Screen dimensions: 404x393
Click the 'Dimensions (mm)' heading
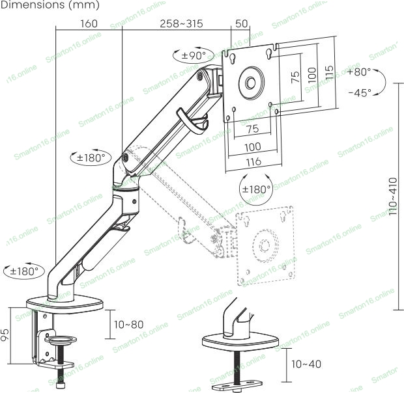pyautogui.click(x=50, y=5)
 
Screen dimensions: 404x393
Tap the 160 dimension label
pyautogui.click(x=89, y=23)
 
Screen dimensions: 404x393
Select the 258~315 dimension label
pyautogui.click(x=181, y=23)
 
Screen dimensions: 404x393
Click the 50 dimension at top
pyautogui.click(x=241, y=23)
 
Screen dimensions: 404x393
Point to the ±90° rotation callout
pyautogui.click(x=190, y=55)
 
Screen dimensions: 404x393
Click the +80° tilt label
pyautogui.click(x=359, y=72)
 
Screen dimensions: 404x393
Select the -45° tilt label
pyautogui.click(x=360, y=92)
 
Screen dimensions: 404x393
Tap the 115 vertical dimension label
pyautogui.click(x=329, y=72)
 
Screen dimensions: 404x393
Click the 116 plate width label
pyautogui.click(x=253, y=162)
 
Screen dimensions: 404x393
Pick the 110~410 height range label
pyautogui.click(x=393, y=197)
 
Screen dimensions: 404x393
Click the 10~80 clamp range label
pyautogui.click(x=128, y=325)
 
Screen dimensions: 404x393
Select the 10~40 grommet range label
pyautogui.click(x=306, y=364)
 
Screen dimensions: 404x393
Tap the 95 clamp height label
pyautogui.click(x=5, y=334)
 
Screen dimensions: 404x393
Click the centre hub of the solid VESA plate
pyautogui.click(x=251, y=83)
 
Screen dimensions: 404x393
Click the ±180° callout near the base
pyautogui.click(x=24, y=271)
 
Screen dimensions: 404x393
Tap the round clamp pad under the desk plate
pyautogui.click(x=61, y=340)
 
